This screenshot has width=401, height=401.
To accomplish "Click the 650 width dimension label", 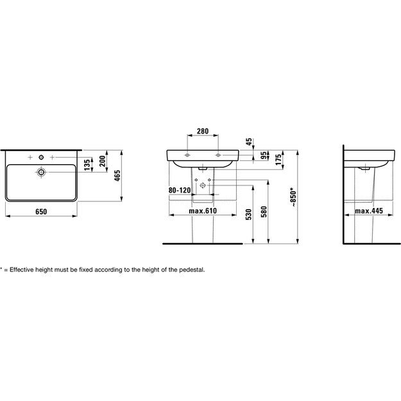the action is coord(41,212).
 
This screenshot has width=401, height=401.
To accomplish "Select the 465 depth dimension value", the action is coord(117,176).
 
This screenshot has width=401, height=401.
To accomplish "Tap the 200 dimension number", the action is coord(102,161).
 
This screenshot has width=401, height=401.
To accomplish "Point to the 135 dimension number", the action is coord(87,165).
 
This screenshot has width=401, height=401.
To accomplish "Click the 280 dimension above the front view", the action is coord(203,131).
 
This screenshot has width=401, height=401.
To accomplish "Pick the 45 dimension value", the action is coord(248,142).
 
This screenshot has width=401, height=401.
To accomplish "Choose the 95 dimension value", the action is coord(263,155).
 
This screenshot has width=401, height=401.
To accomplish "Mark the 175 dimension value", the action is coord(278,160).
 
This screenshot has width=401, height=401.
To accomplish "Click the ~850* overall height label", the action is coord(293,197).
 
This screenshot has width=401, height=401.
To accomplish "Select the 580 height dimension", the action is coord(264,212).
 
